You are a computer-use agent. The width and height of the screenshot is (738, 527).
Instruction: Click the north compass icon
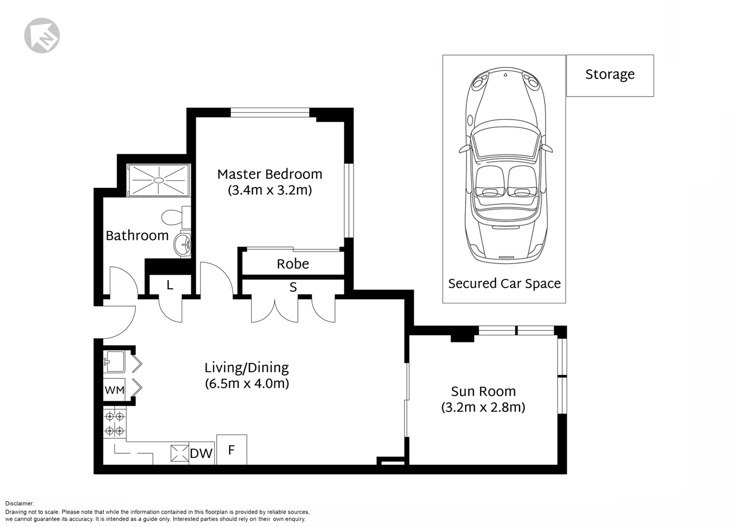42,35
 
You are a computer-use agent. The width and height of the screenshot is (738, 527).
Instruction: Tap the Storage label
610,75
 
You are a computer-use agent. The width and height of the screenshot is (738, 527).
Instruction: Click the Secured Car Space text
504,284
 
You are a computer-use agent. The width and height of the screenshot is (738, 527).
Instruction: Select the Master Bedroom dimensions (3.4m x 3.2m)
270,190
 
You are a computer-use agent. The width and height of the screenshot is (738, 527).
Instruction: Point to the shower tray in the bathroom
159,180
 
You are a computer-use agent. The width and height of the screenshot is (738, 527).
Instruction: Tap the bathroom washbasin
182,244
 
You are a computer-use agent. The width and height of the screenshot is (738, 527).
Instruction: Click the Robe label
293,264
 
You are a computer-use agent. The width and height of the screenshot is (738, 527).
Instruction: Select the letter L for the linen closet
170,285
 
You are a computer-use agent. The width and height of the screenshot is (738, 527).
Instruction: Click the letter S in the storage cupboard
293,287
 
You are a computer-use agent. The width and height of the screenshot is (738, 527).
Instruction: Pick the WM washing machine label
114,390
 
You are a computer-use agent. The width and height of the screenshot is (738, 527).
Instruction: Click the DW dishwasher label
201,454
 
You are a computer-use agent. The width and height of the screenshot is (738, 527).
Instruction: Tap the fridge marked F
232,450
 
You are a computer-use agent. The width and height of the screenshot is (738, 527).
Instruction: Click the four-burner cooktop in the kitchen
115,424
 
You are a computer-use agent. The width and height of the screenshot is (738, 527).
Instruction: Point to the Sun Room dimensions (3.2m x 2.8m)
483,408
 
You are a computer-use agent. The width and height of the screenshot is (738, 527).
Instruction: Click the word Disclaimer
20,503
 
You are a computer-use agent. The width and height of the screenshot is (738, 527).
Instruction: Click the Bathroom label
137,236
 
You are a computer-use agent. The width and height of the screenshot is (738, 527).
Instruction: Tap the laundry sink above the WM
114,362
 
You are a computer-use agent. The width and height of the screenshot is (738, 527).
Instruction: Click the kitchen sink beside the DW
180,453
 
